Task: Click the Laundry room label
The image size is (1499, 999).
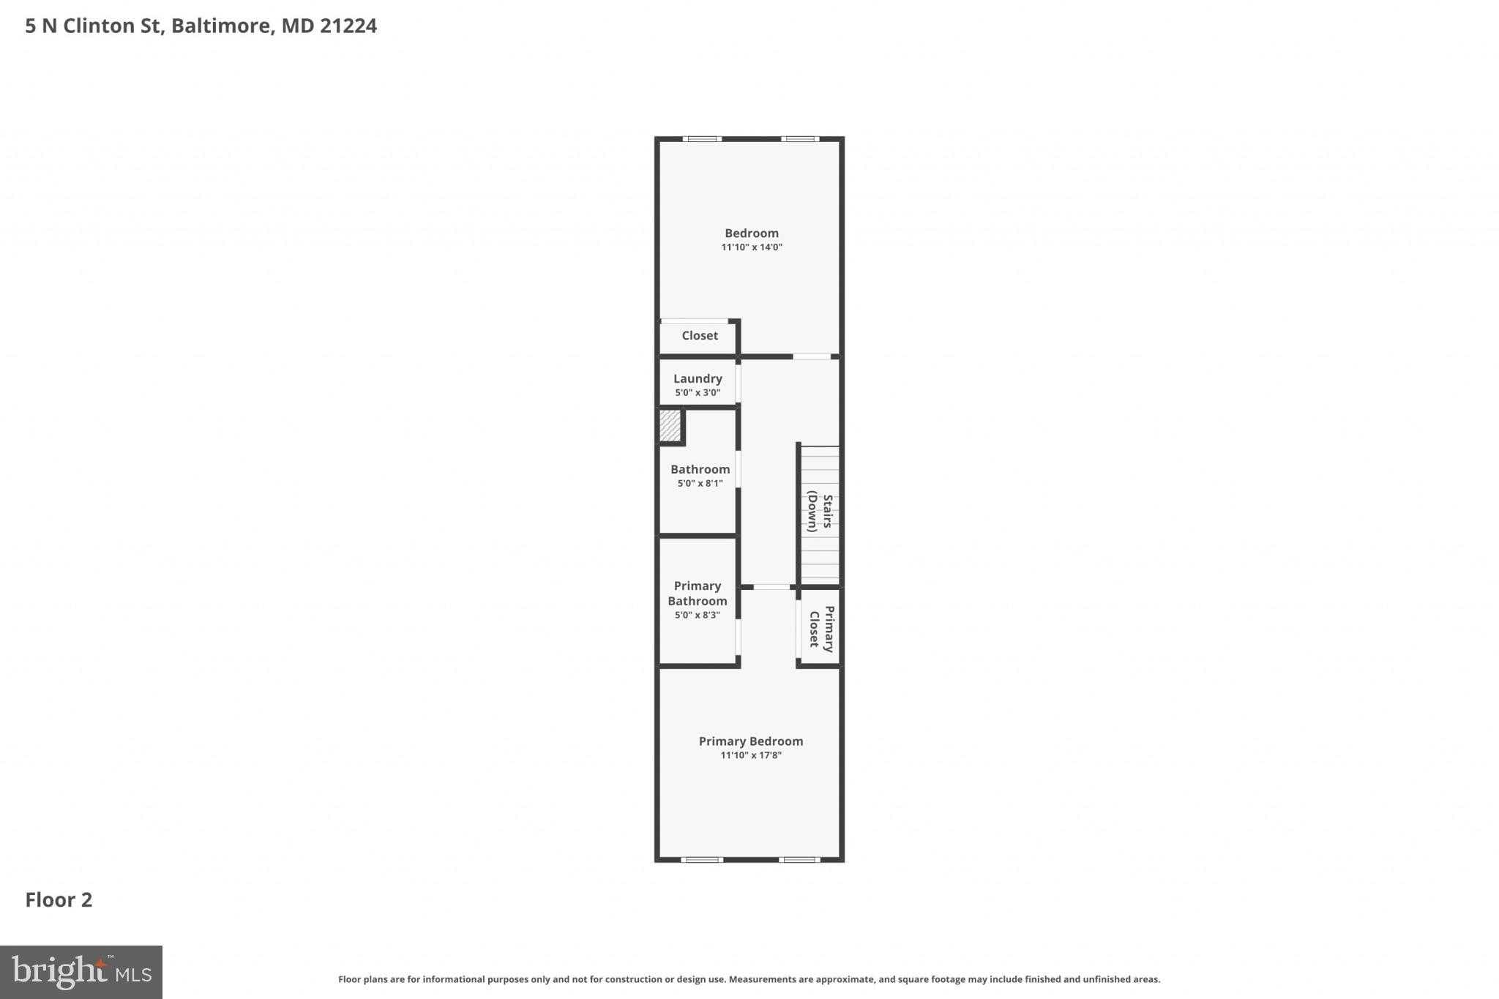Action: pyautogui.click(x=698, y=378)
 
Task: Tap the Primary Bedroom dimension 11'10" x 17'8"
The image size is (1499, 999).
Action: pyautogui.click(x=751, y=755)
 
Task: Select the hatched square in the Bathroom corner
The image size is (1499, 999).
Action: pyautogui.click(x=670, y=425)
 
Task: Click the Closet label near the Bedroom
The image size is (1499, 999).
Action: pyautogui.click(x=699, y=335)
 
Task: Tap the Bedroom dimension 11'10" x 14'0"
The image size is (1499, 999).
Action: pyautogui.click(x=752, y=247)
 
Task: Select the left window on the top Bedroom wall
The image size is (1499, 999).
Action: pyautogui.click(x=702, y=139)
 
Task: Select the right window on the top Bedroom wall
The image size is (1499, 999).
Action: pyautogui.click(x=799, y=139)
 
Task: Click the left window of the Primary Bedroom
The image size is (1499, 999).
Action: pyautogui.click(x=702, y=860)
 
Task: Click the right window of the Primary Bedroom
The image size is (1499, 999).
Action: pyautogui.click(x=799, y=860)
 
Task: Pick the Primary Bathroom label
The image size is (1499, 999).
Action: pyautogui.click(x=698, y=594)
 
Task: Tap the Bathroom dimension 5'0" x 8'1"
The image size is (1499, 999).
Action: pyautogui.click(x=700, y=484)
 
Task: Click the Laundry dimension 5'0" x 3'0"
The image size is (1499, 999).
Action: pyautogui.click(x=698, y=393)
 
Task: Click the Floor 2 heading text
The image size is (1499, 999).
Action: pyautogui.click(x=59, y=899)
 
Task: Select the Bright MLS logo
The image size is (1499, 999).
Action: pyautogui.click(x=81, y=972)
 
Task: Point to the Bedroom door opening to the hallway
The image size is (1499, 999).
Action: pyautogui.click(x=812, y=356)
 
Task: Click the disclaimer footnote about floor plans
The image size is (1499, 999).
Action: pyautogui.click(x=749, y=979)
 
